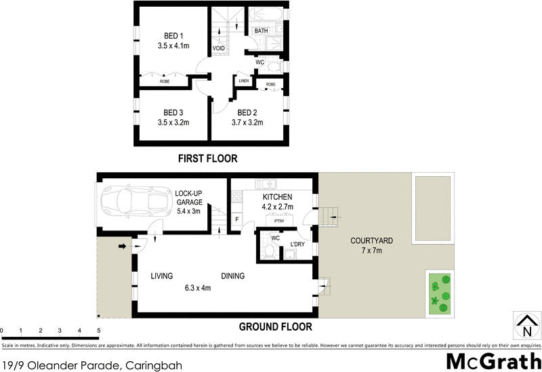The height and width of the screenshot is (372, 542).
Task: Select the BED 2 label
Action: pos(247,112)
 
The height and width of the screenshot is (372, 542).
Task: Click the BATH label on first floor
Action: pos(261,31)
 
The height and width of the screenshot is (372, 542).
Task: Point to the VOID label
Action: pos(219,49)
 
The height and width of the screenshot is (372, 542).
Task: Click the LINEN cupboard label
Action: pos(243,81)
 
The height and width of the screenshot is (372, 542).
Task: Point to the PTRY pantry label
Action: pos(279,221)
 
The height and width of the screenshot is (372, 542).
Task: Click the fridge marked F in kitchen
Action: pos(237,220)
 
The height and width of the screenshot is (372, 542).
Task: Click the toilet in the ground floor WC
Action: pos(269,253)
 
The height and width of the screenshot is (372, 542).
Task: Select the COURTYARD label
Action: pos(372,241)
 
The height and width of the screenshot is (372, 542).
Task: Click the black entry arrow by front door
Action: pos(123,247)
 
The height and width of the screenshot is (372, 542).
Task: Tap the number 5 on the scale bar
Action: pos(99,331)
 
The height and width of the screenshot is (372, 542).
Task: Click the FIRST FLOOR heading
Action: pos(207,159)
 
